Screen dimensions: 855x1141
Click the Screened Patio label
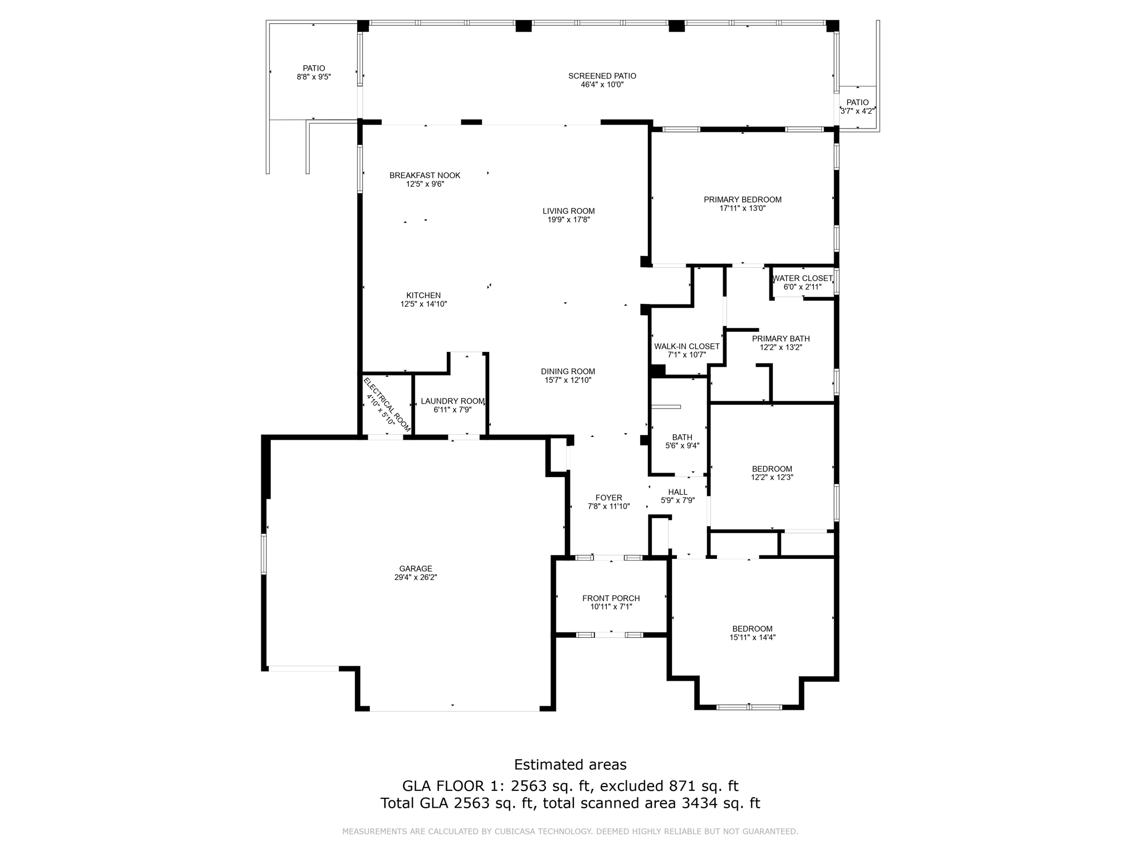coord(602,76)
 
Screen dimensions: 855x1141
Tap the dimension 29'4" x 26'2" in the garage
coord(415,577)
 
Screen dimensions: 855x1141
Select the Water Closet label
coord(802,278)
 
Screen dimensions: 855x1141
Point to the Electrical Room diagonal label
coord(387,405)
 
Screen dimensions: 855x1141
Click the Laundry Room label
coord(452,401)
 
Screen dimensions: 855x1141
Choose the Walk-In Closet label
coord(686,346)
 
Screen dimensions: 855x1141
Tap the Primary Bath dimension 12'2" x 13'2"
coord(781,347)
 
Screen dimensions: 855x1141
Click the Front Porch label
coord(611,598)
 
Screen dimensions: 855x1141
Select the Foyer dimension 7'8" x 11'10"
coord(608,507)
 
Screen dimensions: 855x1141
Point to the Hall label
coord(677,492)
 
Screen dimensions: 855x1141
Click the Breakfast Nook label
coord(425,175)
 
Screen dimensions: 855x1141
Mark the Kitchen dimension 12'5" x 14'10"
coord(423,304)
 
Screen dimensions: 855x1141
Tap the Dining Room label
coord(568,371)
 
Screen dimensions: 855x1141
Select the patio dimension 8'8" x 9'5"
coord(314,77)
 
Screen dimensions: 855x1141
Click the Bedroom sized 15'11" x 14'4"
coord(752,633)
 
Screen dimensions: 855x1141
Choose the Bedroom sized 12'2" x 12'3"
coord(772,473)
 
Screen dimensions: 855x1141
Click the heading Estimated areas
coord(570,764)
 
